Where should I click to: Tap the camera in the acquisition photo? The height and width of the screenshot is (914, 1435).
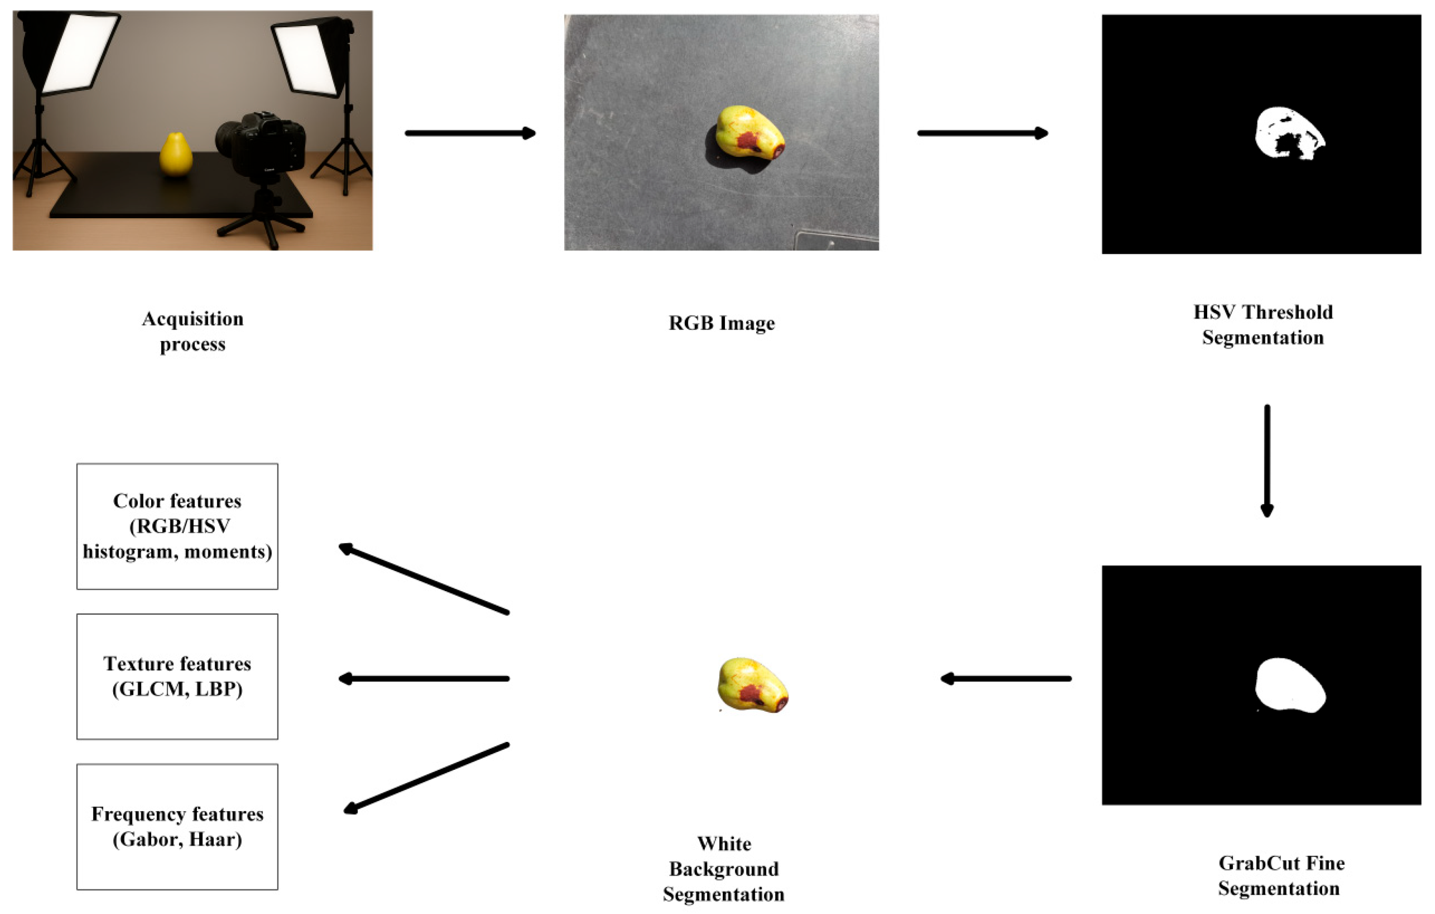pyautogui.click(x=262, y=143)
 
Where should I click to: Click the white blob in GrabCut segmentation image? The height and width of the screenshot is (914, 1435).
pyautogui.click(x=1289, y=685)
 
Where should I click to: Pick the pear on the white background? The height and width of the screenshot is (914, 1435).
pyautogui.click(x=752, y=685)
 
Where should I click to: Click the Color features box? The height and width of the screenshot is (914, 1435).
pyautogui.click(x=177, y=526)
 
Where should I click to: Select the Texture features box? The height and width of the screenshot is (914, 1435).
pyautogui.click(x=177, y=676)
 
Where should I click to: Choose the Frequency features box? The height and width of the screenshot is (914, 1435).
pyautogui.click(x=177, y=826)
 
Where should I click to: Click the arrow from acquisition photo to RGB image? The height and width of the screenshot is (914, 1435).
pyautogui.click(x=470, y=133)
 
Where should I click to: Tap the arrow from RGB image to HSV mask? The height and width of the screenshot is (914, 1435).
pyautogui.click(x=982, y=133)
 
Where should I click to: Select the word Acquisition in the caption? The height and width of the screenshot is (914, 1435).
pyautogui.click(x=193, y=319)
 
